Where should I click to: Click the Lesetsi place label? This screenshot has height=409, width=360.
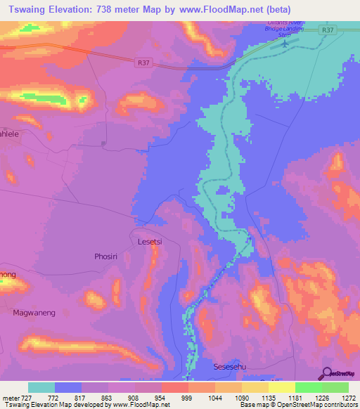coord(150,242)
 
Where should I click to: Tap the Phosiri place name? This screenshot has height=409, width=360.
coord(108,257)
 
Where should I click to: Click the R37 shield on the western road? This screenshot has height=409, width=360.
coord(143,63)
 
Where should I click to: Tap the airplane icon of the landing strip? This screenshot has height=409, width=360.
coord(285,44)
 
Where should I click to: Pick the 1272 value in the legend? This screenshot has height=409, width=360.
coord(348,398)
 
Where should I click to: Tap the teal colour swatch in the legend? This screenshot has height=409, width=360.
coord(41,387)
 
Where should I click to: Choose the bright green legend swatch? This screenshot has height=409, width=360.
coord(308,387)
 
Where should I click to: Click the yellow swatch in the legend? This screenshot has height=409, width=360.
coord(281,387)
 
